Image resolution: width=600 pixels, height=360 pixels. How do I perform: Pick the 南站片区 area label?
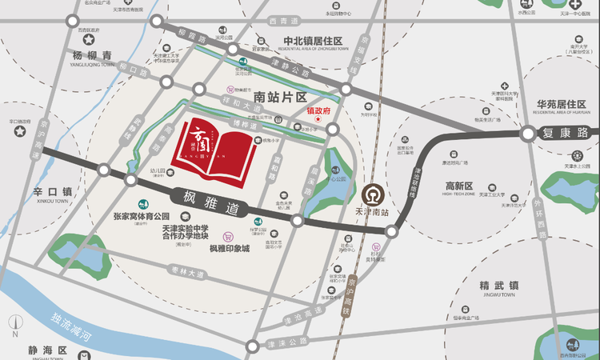(x=285, y=97)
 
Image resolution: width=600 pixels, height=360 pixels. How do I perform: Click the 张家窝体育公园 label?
(x=142, y=216)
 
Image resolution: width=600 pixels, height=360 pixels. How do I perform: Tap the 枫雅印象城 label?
(x=230, y=248)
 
